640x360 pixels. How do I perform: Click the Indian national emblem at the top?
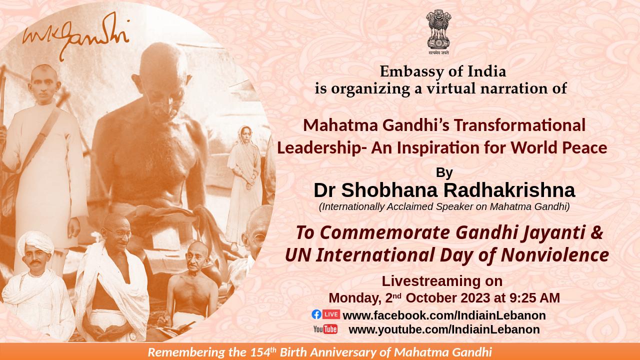click(x=438, y=32)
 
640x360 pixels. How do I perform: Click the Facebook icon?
click(x=316, y=314)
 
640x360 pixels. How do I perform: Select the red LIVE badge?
click(x=331, y=314)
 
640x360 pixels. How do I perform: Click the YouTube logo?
click(x=325, y=329)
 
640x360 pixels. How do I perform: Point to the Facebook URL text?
click(x=444, y=315)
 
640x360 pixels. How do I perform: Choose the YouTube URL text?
click(x=444, y=329)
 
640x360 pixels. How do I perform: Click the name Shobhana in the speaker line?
click(x=389, y=190)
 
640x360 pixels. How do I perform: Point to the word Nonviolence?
click(x=555, y=255)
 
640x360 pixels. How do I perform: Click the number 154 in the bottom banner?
click(x=260, y=352)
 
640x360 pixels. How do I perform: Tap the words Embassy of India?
click(x=443, y=71)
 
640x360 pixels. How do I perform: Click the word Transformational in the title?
click(x=519, y=125)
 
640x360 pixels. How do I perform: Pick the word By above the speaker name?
click(x=444, y=172)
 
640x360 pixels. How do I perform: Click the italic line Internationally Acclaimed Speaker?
click(x=444, y=206)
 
